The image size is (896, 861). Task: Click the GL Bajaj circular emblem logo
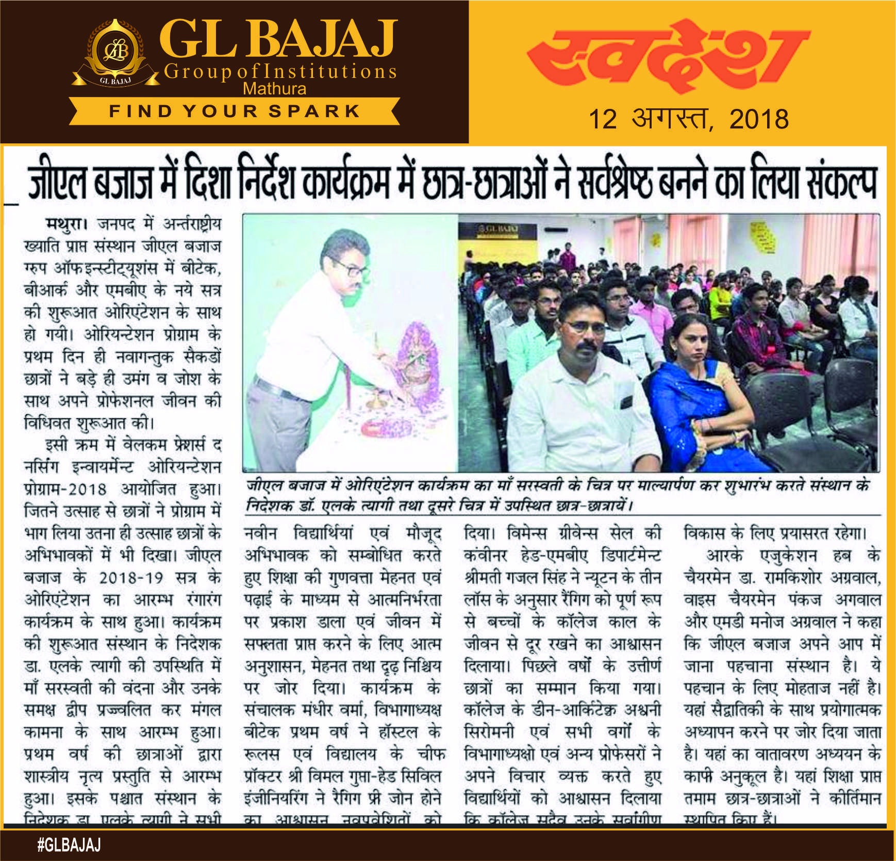point(115,51)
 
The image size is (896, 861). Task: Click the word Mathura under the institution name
point(274,89)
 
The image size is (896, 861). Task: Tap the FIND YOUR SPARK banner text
point(235,111)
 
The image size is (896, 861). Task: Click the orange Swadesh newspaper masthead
point(669,55)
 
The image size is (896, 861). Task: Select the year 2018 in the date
point(759,119)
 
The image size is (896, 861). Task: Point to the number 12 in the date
point(603,119)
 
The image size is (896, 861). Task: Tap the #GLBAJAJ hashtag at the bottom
point(69,844)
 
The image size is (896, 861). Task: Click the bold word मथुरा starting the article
point(64,224)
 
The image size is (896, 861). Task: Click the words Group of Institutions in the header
point(280,72)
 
